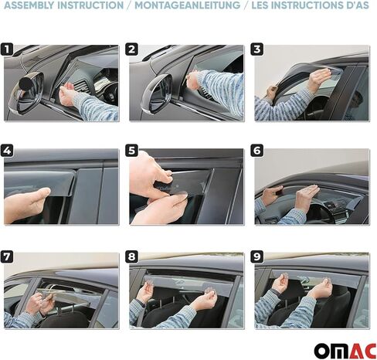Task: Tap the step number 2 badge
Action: point(133,50)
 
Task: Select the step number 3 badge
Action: point(258,50)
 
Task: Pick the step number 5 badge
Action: point(133,150)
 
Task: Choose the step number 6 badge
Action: point(258,150)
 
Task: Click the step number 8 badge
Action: point(133,256)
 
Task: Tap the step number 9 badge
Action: point(258,256)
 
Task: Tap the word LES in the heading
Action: point(260,5)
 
